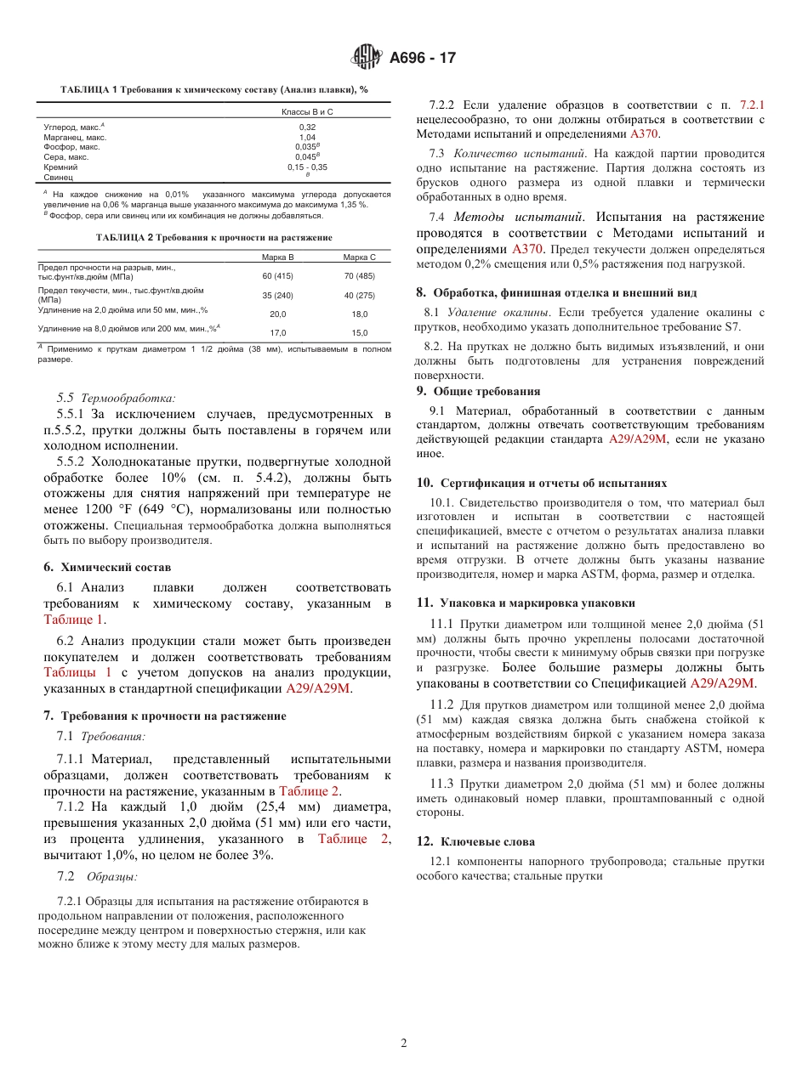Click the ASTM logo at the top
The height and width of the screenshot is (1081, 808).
coord(367,58)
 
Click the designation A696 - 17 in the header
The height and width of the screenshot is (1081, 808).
coord(423,59)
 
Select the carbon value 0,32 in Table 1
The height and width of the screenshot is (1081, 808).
coord(307,127)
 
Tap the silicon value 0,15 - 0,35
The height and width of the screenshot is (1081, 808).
coord(307,167)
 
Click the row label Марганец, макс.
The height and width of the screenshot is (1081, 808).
coord(75,137)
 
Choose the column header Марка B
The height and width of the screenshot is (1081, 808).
coord(277,257)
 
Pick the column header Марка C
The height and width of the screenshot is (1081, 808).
coord(359,257)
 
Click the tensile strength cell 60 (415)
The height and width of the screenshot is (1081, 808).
coord(277,276)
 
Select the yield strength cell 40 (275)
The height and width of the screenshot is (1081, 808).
coord(359,295)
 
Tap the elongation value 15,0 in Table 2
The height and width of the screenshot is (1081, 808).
coord(360,333)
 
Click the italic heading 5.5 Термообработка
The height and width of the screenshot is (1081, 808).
coord(116,398)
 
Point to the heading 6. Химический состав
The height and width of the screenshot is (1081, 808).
coord(107,567)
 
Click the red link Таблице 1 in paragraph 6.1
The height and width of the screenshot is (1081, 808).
coord(75,620)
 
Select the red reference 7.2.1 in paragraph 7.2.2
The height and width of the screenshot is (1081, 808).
coord(752,105)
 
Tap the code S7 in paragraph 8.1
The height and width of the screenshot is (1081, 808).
coord(732,326)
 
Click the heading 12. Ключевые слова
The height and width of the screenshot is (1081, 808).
coord(475,841)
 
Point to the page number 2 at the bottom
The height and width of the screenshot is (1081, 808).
coord(404,1043)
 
